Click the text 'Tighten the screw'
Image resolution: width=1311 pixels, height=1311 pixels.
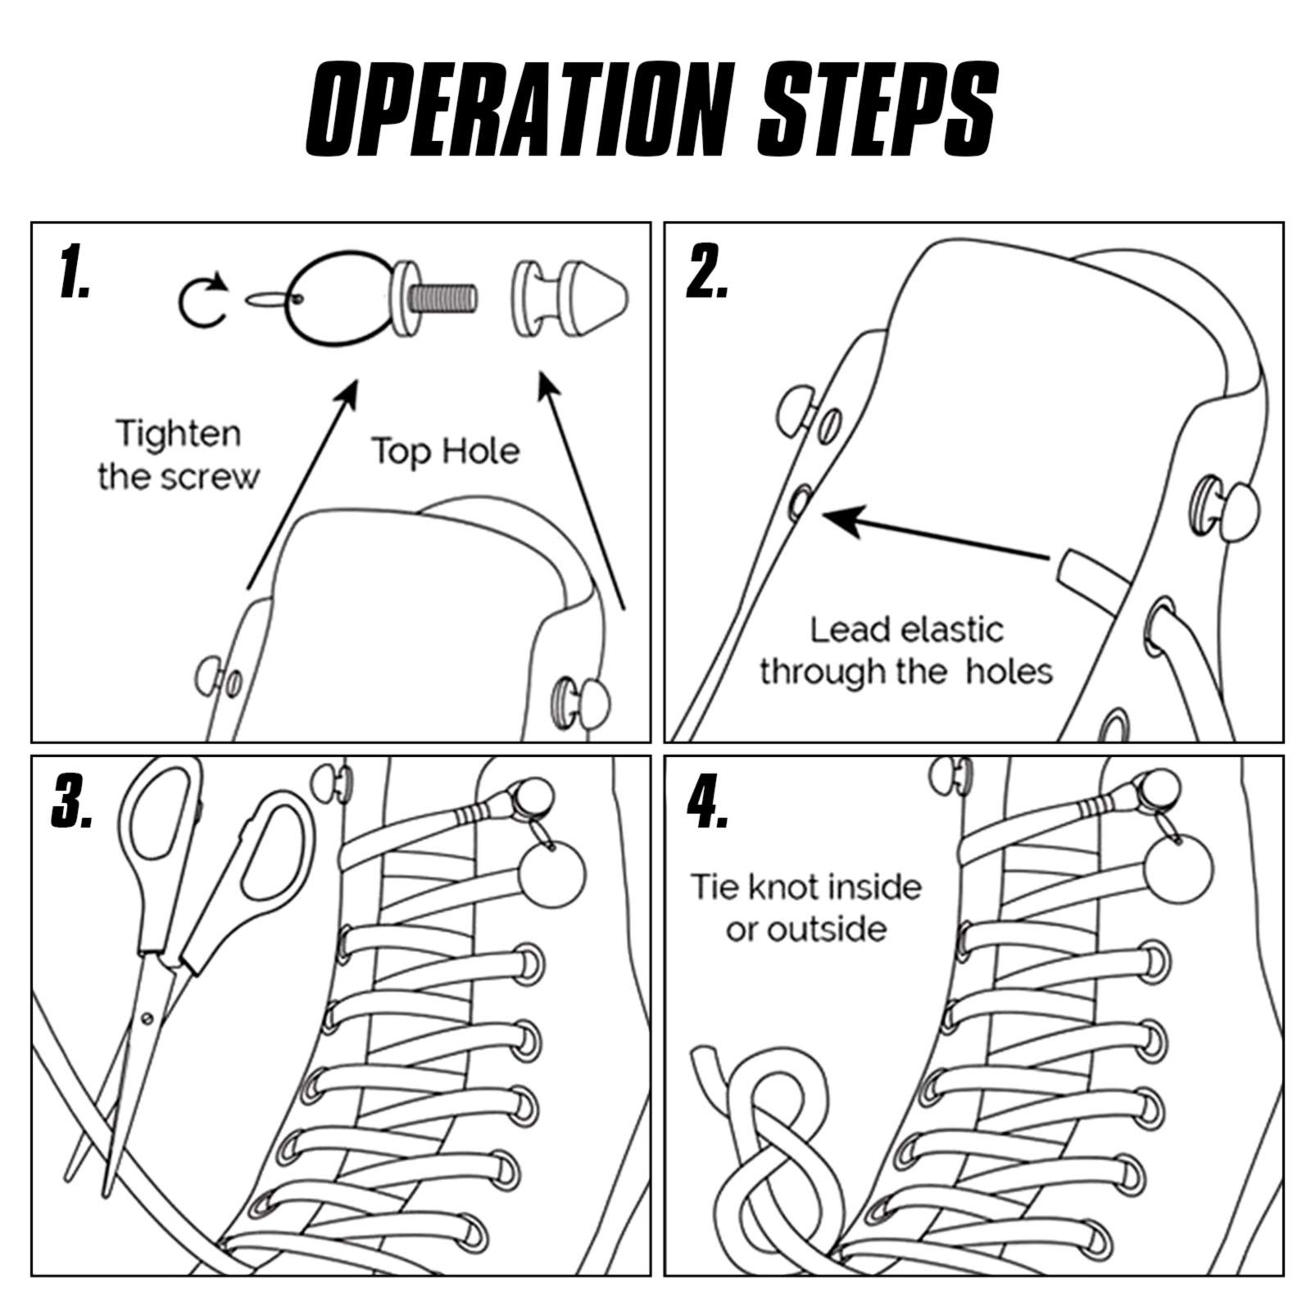click(x=178, y=455)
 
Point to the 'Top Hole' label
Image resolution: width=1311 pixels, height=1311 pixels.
click(x=446, y=451)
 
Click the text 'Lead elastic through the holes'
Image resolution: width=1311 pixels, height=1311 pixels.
click(x=905, y=651)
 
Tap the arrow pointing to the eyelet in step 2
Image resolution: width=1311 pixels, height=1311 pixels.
click(x=936, y=537)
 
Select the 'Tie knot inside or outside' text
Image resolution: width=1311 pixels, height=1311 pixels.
click(x=807, y=908)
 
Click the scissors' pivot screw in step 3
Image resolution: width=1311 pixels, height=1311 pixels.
click(x=147, y=1018)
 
